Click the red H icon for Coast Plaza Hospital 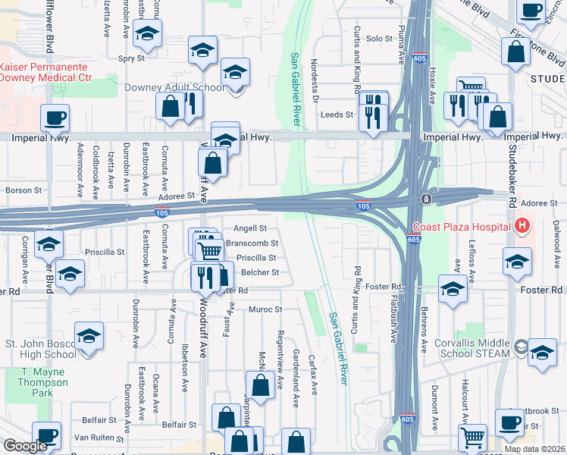tap(521, 225)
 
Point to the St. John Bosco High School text tap(41, 349)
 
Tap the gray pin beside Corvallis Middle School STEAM tap(520, 347)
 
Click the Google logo tap(26, 446)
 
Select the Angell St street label tap(250, 227)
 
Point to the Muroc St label tap(265, 309)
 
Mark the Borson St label tap(17, 190)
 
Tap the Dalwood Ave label tap(556, 244)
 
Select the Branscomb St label tap(252, 243)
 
